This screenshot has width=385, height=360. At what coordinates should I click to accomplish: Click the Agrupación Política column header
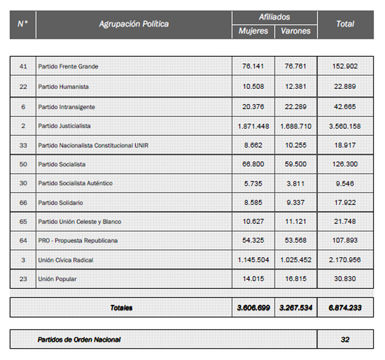(x=134, y=24)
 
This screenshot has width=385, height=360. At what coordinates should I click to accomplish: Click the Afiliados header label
(x=274, y=17)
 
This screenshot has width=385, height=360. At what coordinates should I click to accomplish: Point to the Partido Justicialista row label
(x=64, y=126)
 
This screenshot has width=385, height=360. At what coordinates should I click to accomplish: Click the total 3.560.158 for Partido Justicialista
(x=345, y=126)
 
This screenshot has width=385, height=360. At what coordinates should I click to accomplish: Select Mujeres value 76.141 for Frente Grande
(x=253, y=66)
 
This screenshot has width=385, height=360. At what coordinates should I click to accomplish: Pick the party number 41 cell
(x=23, y=66)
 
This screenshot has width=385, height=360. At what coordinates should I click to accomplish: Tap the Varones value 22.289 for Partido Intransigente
(x=295, y=107)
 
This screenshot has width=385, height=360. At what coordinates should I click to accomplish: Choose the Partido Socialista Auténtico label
(x=76, y=183)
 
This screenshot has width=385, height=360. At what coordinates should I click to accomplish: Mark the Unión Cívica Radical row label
(x=65, y=260)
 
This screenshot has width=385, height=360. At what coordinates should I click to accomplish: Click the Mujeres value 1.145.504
(x=253, y=260)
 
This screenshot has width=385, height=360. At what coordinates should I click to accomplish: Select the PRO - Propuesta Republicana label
(x=78, y=240)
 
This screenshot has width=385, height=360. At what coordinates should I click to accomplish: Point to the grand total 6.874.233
(x=345, y=308)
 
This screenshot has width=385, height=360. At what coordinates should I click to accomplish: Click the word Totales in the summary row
(x=121, y=308)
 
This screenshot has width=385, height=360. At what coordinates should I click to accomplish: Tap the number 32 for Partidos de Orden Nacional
(x=345, y=339)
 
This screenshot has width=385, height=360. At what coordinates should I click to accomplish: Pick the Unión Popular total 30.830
(x=345, y=279)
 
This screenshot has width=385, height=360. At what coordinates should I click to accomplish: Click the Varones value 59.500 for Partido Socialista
(x=295, y=164)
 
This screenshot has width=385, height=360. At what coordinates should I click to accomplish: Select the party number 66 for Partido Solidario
(x=23, y=203)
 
